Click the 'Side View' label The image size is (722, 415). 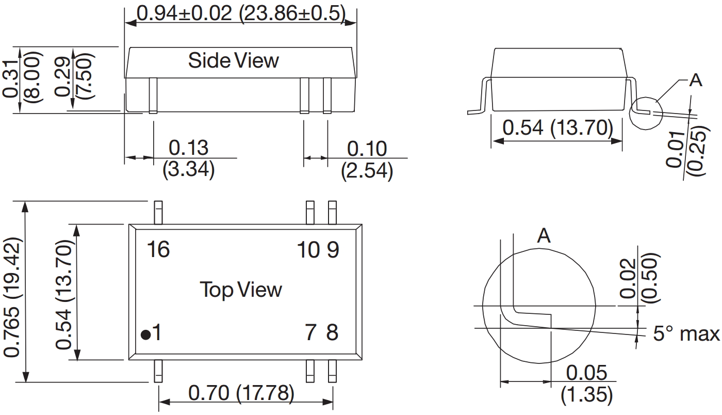tap(233, 60)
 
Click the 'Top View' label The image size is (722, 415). tap(241, 290)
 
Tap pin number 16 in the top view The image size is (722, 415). tap(158, 250)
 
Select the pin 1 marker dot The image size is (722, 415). tap(146, 335)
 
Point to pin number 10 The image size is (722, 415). tap(308, 250)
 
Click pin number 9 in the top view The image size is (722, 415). tap(333, 250)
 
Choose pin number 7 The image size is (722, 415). tap(310, 332)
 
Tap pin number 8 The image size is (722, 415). tap(333, 332)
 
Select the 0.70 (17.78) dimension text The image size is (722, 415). tap(241, 394)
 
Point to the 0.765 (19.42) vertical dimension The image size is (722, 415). tap(13, 296)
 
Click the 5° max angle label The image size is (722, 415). tap(686, 334)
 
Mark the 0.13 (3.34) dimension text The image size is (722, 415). tap(189, 158)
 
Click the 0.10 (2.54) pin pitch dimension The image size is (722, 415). tap(367, 159)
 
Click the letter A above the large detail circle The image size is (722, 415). tap(544, 236)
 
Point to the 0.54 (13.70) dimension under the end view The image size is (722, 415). tap(557, 127)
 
